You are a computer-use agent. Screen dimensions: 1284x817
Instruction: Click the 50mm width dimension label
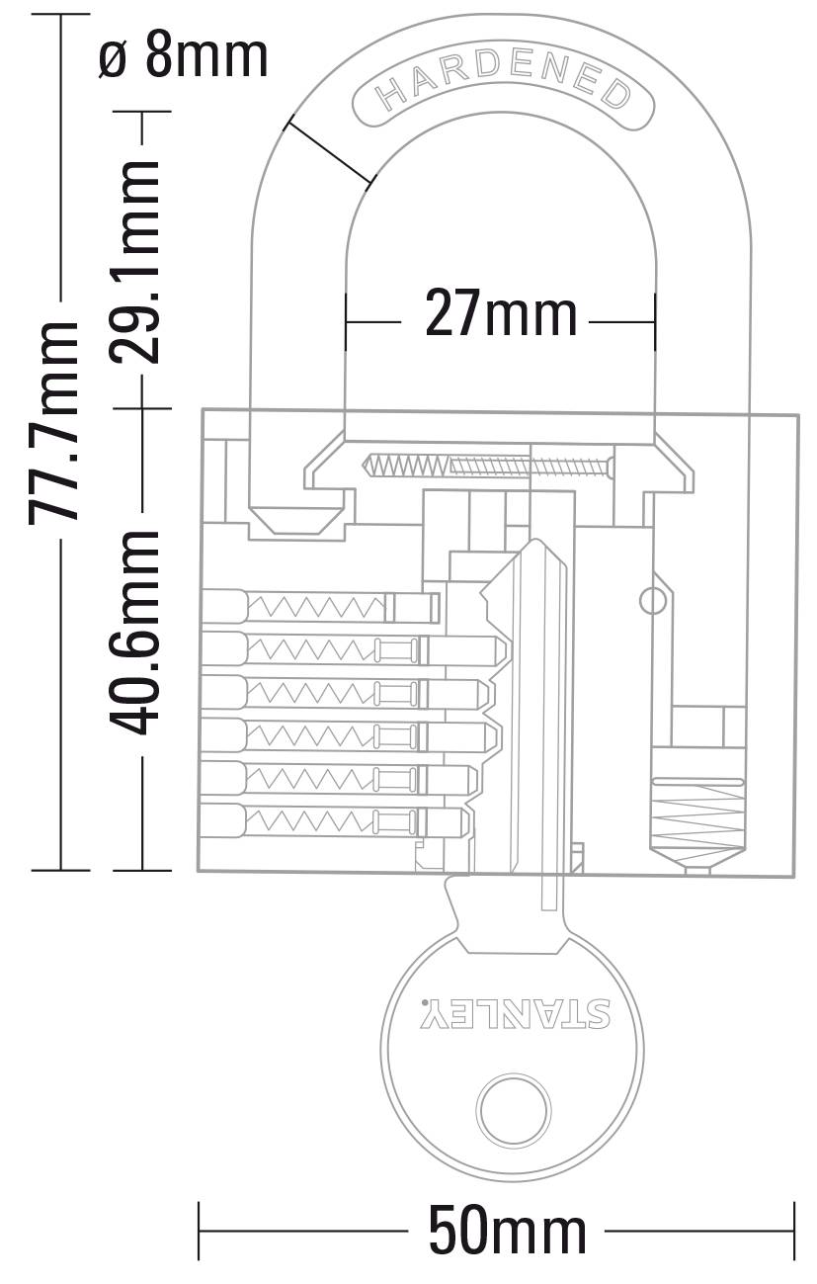click(x=507, y=1232)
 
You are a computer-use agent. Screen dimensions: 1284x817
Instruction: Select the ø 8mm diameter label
click(x=184, y=56)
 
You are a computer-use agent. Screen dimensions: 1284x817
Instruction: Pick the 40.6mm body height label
click(x=134, y=633)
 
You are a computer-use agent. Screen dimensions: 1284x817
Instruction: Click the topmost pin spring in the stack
click(x=316, y=604)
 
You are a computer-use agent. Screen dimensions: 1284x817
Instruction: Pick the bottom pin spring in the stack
click(x=310, y=819)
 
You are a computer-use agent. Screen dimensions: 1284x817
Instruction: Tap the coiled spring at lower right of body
click(x=696, y=810)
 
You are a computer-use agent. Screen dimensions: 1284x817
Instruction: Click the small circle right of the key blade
click(x=652, y=600)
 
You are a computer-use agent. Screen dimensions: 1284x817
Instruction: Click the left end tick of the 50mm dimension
click(x=200, y=1232)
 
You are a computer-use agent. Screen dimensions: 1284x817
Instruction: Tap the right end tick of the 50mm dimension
click(x=794, y=1232)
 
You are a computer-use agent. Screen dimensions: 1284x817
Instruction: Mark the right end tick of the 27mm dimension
click(x=655, y=321)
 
